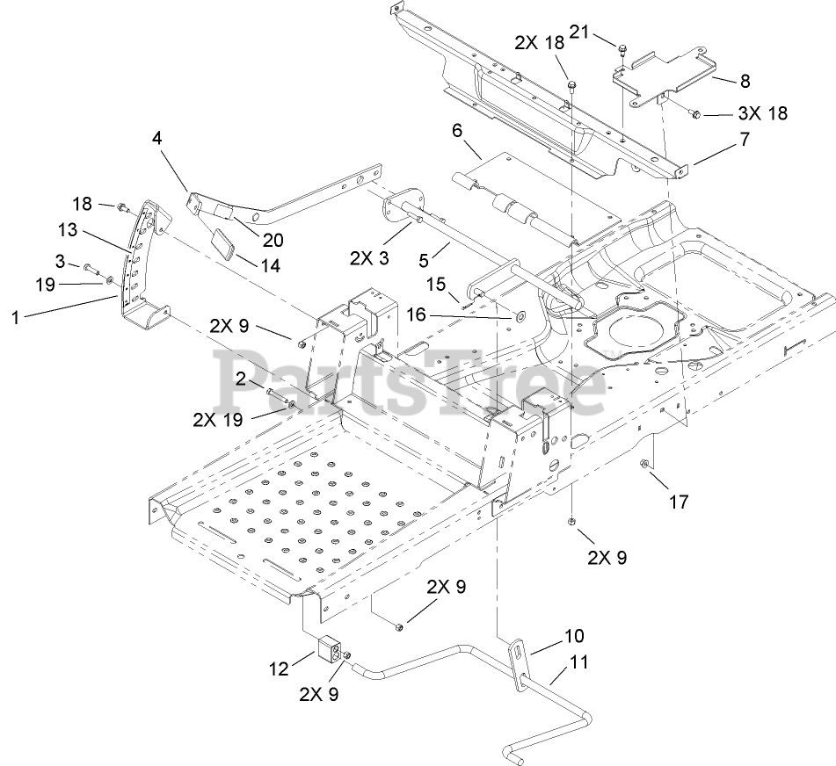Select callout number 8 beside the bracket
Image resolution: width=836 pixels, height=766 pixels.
coord(745,81)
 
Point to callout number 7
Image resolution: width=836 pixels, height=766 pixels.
coord(744,138)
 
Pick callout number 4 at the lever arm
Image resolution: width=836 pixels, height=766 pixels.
coord(156,138)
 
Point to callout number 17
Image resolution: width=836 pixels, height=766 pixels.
coord(678,502)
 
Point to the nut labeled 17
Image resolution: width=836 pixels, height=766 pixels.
coord(649,464)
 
